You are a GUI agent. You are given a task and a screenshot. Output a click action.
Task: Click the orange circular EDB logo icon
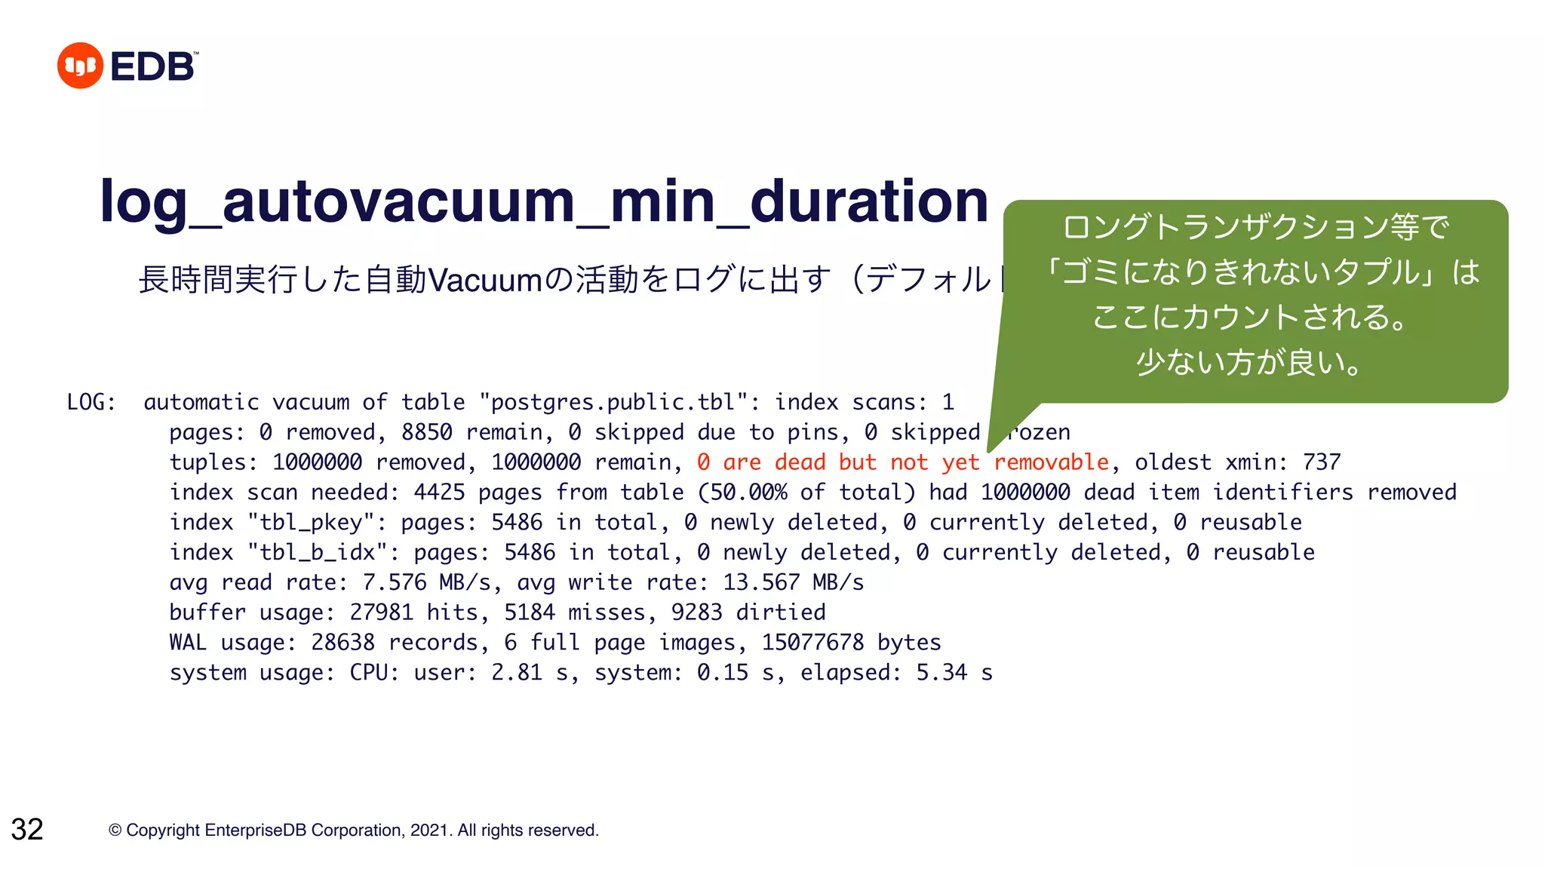80,66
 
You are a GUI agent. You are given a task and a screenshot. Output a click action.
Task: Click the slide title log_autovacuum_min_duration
543,201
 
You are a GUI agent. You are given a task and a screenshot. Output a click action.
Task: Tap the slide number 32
27,829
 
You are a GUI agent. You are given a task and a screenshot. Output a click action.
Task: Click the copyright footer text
353,831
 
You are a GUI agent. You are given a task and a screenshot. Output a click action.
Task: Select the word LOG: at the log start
91,402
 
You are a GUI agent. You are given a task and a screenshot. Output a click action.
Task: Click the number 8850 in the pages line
426,432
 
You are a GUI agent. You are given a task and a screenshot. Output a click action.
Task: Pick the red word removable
1051,462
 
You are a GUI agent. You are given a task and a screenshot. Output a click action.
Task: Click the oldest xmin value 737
1322,462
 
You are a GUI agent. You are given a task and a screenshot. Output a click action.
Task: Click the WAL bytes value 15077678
812,643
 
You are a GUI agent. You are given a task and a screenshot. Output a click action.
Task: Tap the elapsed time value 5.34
941,673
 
